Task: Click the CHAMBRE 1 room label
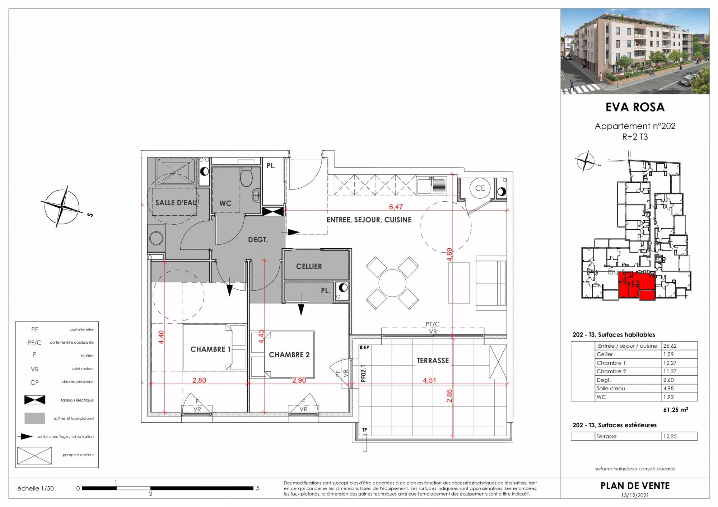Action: [x=210, y=349]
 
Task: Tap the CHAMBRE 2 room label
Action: [x=289, y=355]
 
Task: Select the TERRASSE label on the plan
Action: [x=433, y=361]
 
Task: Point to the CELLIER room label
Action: [x=309, y=266]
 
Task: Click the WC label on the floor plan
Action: [x=225, y=203]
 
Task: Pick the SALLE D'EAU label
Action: [x=176, y=203]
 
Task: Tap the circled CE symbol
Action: [x=480, y=188]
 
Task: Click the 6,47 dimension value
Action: [x=396, y=207]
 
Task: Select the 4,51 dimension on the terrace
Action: [x=429, y=380]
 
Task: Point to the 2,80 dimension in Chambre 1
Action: [x=199, y=380]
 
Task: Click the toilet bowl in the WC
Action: [x=246, y=178]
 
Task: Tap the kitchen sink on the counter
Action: [x=432, y=186]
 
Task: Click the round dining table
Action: [x=392, y=283]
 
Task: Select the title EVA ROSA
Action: [x=635, y=107]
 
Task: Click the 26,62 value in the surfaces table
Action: [x=670, y=346]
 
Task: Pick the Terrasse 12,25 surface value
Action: [x=670, y=436]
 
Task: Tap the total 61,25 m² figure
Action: [x=675, y=410]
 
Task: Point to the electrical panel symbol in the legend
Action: [x=34, y=400]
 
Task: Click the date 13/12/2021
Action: [x=635, y=496]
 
